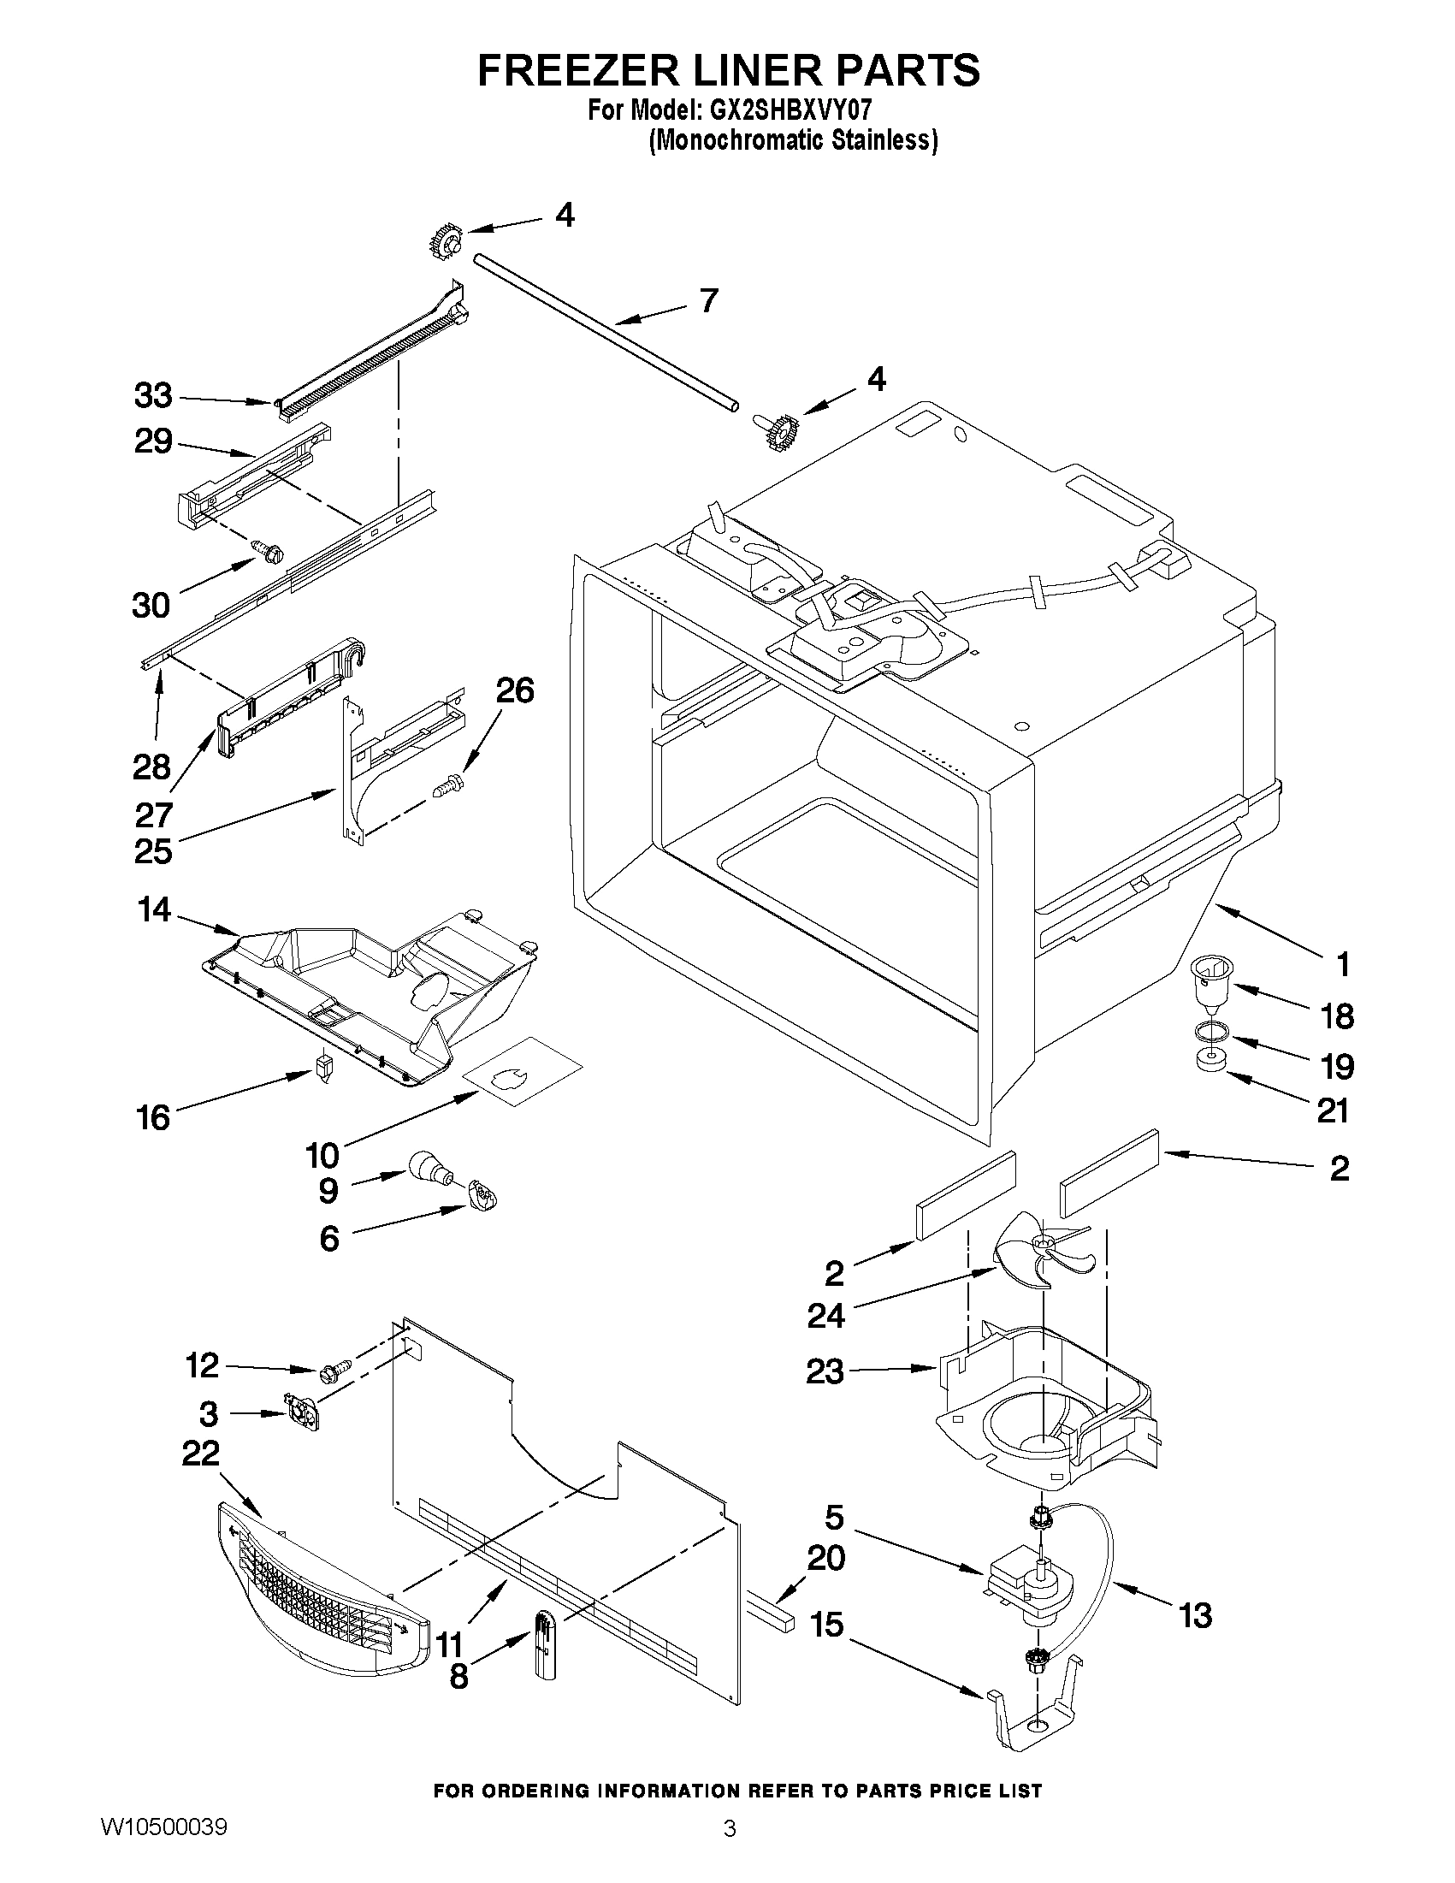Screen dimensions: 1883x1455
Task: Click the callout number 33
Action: pyautogui.click(x=153, y=396)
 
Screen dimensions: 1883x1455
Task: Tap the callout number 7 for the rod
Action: pyautogui.click(x=707, y=301)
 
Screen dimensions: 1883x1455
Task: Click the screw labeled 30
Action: pyautogui.click(x=267, y=550)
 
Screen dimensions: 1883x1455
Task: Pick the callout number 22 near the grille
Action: pyautogui.click(x=201, y=1454)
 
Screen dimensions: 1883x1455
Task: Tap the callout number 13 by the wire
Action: pyautogui.click(x=1195, y=1615)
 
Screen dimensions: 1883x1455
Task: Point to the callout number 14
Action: pyautogui.click(x=155, y=909)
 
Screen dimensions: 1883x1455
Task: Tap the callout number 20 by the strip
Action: pyautogui.click(x=825, y=1557)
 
